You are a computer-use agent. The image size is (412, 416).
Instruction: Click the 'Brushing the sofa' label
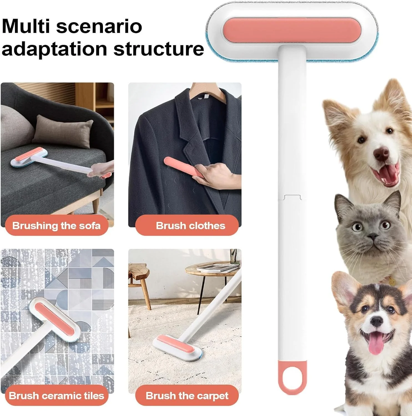click(56, 225)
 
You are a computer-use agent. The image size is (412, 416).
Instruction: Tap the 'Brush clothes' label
click(190, 225)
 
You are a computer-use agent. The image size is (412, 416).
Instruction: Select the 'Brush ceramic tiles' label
click(56, 395)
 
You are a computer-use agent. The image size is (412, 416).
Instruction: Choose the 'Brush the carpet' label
click(187, 395)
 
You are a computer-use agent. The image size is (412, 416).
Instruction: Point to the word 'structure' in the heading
click(159, 49)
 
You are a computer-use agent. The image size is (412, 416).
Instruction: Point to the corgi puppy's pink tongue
click(376, 346)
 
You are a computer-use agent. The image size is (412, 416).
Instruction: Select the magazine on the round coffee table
click(218, 268)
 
